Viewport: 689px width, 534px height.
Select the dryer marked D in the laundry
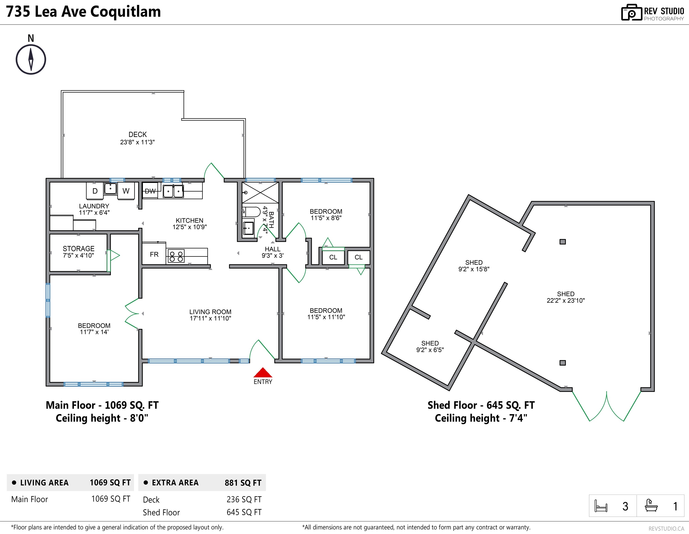[x=95, y=191]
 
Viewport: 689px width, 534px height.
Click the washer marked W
[x=126, y=191]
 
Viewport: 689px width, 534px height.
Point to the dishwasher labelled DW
[x=150, y=191]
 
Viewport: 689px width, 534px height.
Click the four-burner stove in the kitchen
[x=176, y=256]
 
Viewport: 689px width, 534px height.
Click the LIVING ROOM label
[x=210, y=315]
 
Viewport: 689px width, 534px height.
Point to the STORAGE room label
[x=78, y=252]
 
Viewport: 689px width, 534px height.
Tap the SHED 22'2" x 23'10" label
[x=566, y=297]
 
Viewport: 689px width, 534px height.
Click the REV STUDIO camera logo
[x=632, y=13]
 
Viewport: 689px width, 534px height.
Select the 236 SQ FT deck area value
[x=244, y=499]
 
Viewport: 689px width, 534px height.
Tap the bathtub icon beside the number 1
[x=651, y=505]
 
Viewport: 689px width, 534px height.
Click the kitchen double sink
[x=173, y=191]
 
